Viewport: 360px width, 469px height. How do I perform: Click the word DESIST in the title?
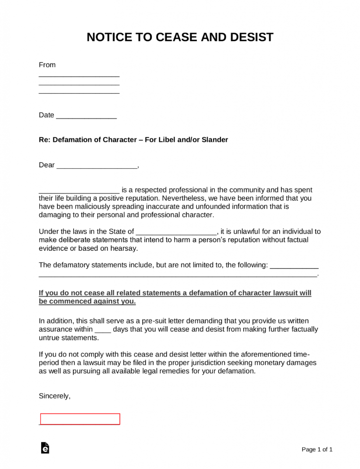pyautogui.click(x=251, y=37)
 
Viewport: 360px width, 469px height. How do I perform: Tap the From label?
pyautogui.click(x=47, y=65)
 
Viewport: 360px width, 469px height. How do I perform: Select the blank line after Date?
pyautogui.click(x=86, y=116)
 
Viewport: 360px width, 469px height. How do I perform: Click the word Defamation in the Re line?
pyautogui.click(x=73, y=139)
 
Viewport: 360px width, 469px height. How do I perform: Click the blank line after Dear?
pyautogui.click(x=97, y=166)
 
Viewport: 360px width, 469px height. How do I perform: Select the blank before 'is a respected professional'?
pyautogui.click(x=79, y=190)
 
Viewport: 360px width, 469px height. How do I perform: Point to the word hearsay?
pyautogui.click(x=126, y=248)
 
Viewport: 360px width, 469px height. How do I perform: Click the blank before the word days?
pyautogui.click(x=102, y=330)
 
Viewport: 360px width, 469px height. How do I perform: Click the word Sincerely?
pyautogui.click(x=55, y=396)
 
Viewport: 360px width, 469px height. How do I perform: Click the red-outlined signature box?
pyautogui.click(x=80, y=419)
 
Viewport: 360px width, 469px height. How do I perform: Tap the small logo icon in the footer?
pyautogui.click(x=45, y=448)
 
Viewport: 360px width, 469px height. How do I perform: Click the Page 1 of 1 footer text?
pyautogui.click(x=317, y=449)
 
